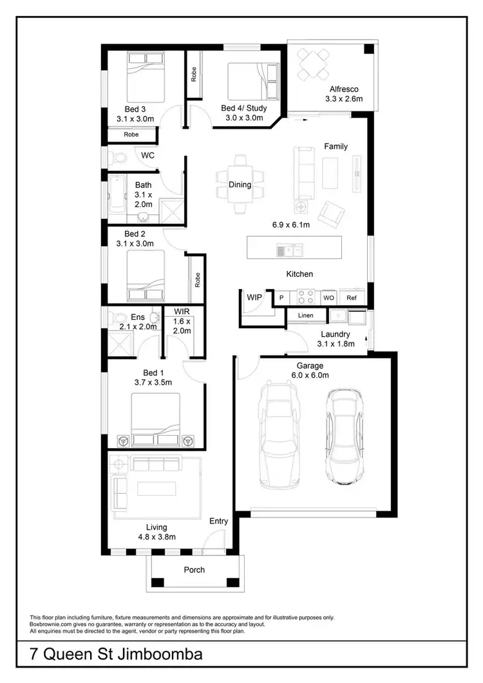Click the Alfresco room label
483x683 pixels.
tap(344, 89)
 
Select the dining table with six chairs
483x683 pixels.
tap(240, 185)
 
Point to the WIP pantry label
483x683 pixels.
tap(254, 297)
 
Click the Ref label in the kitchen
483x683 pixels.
tap(351, 298)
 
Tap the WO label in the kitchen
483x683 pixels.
tap(328, 298)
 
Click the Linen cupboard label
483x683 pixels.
tap(305, 315)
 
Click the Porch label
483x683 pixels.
tap(194, 570)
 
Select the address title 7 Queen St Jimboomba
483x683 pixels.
tap(116, 655)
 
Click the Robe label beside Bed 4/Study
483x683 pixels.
tap(194, 75)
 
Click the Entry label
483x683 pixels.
tap(218, 521)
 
